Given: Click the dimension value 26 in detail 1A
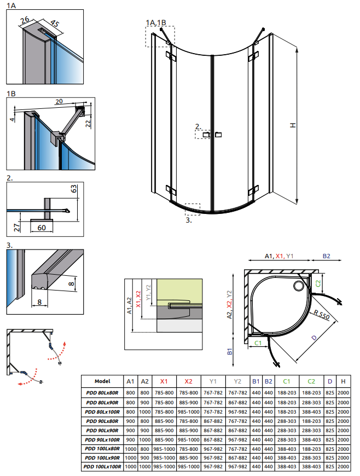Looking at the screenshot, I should coord(24,21).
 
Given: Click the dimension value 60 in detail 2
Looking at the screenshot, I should coord(41,228).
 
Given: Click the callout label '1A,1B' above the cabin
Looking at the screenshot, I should coord(156,22).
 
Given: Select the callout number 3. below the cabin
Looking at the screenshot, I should coord(188,220).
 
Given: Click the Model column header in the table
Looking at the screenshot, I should coord(102,381).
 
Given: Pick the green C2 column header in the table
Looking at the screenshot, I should coord(311,381).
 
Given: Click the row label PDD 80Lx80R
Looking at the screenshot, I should coord(102,392).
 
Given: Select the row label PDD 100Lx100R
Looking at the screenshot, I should coord(102,467).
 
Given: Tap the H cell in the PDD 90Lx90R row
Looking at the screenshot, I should coord(343,429).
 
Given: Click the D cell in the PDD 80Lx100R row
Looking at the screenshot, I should coord(330,411).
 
